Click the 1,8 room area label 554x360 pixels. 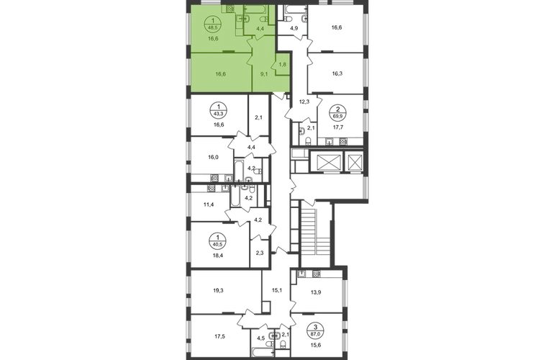point(283,64)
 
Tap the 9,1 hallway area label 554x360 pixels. point(264,74)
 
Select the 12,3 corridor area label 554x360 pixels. point(304,102)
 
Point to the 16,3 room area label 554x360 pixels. point(337,74)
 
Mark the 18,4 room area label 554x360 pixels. point(218,255)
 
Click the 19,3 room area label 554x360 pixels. point(218,291)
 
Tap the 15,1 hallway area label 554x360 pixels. point(276,291)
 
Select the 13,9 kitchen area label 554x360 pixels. point(316,292)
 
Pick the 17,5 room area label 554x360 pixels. point(219,337)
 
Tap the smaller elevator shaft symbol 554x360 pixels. point(354,162)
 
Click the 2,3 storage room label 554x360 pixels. point(259,253)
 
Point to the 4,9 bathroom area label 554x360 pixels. point(294,29)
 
